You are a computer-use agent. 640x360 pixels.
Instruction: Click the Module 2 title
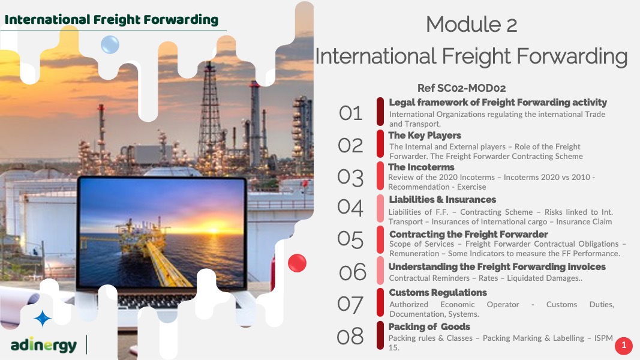(471, 24)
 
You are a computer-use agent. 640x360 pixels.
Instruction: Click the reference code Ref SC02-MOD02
(461, 88)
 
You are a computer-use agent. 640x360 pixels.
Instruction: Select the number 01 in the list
(351, 113)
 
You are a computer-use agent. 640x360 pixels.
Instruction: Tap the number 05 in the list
(350, 239)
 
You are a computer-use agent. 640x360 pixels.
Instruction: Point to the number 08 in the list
(350, 337)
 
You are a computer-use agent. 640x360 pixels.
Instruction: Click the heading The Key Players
(425, 136)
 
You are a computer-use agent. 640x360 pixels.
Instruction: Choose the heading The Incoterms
(421, 167)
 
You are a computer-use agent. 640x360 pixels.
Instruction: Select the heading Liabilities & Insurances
(443, 200)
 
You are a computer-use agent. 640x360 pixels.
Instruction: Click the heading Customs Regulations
(437, 293)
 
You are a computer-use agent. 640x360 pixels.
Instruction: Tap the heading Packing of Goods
(429, 327)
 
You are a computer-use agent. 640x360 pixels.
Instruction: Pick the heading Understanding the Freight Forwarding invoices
(497, 267)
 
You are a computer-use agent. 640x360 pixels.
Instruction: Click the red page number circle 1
(624, 346)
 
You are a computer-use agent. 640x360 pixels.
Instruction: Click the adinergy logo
(44, 346)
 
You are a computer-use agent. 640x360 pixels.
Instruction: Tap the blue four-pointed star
(43, 319)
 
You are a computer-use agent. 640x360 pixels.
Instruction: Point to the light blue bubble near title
(110, 44)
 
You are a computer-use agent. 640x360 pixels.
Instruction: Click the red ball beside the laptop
(297, 263)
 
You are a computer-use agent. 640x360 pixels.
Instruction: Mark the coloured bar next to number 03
(380, 176)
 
